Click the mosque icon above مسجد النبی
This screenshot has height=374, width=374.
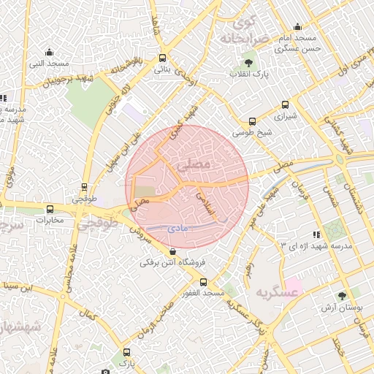(x=49, y=52)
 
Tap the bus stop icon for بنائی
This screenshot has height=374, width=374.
(x=161, y=58)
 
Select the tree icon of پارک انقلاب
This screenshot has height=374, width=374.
(x=250, y=63)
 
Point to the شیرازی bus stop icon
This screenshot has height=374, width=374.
(x=284, y=104)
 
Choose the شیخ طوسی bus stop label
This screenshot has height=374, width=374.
(x=252, y=133)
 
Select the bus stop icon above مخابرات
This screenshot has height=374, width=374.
(x=50, y=208)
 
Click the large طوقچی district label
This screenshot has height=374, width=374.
(x=99, y=223)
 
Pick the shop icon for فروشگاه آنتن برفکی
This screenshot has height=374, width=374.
(x=172, y=251)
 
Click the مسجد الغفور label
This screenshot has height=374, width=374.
(x=203, y=293)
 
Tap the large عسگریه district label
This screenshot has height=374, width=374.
(x=278, y=292)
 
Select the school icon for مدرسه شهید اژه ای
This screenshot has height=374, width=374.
(x=316, y=234)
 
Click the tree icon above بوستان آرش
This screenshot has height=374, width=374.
(x=341, y=296)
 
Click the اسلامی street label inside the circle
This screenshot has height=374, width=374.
(x=207, y=207)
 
